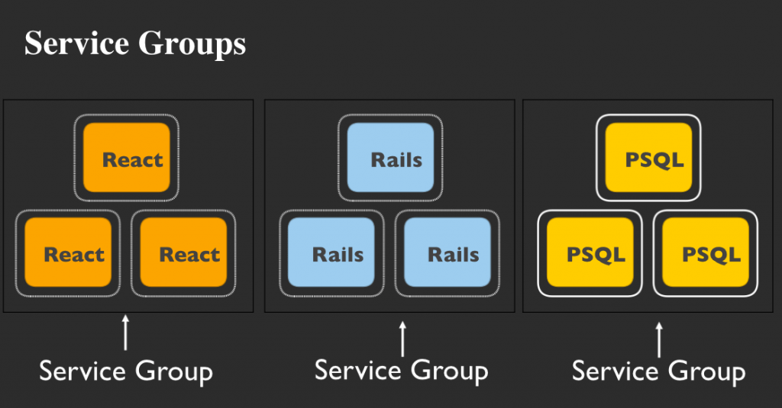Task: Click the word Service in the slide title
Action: [x=77, y=43]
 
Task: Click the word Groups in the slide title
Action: [x=192, y=46]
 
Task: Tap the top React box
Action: [x=127, y=157]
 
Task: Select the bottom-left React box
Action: [x=68, y=252]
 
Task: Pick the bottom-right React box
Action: [x=183, y=252]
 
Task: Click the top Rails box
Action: [x=390, y=157]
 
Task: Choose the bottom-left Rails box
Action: [x=331, y=252]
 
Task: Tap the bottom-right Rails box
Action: [x=448, y=252]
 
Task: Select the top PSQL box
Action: [x=648, y=157]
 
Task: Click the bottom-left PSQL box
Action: [x=590, y=252]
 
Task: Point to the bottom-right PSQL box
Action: [x=706, y=252]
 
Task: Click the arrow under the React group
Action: [x=126, y=333]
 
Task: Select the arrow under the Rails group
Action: [x=402, y=339]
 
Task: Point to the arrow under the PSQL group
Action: [x=659, y=340]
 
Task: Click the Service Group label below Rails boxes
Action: [x=402, y=371]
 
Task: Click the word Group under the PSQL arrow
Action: [x=706, y=373]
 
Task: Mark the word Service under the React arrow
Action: [x=82, y=371]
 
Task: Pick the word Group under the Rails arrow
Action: [x=449, y=372]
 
